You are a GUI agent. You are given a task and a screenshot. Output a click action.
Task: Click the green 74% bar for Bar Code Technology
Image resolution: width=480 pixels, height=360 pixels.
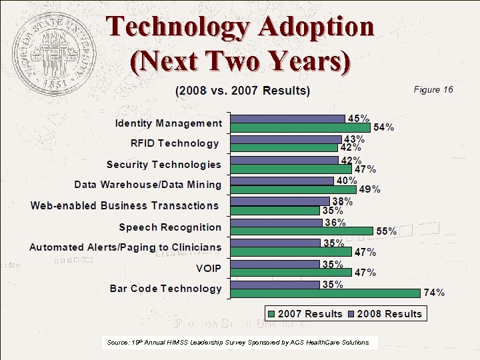[x=325, y=293]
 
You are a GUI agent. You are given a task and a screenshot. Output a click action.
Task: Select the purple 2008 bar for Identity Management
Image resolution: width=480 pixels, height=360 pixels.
[x=287, y=119]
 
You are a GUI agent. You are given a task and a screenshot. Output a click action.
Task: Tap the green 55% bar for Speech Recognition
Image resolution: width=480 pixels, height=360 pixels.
[x=301, y=231]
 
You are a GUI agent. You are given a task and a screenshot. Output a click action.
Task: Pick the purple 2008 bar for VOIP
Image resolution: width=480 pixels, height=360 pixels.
[x=275, y=264]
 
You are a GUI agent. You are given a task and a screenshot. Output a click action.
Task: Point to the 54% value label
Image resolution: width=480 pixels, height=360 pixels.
[x=383, y=127]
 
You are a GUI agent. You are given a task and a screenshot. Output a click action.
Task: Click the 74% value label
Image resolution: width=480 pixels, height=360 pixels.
[x=435, y=293]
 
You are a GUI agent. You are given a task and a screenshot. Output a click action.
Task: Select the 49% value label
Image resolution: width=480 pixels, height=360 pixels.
[x=370, y=189]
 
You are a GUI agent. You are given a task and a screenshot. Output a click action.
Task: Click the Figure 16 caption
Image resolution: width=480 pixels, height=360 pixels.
[x=433, y=89]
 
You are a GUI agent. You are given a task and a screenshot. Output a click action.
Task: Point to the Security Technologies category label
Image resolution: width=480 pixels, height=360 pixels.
[x=163, y=165]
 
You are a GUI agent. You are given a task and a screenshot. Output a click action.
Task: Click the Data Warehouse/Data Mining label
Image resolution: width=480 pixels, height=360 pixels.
[x=147, y=185]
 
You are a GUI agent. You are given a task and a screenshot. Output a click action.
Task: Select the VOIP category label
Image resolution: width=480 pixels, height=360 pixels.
[x=209, y=268]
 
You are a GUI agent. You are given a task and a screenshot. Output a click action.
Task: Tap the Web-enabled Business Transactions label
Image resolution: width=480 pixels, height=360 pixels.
[x=125, y=205]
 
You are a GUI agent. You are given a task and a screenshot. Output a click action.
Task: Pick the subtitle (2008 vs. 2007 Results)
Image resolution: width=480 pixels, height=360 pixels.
[x=242, y=90]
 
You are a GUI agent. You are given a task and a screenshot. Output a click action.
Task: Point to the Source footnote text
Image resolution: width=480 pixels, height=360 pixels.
[x=238, y=342]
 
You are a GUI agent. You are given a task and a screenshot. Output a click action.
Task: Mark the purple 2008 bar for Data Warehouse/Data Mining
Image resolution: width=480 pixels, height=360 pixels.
[x=282, y=181]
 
